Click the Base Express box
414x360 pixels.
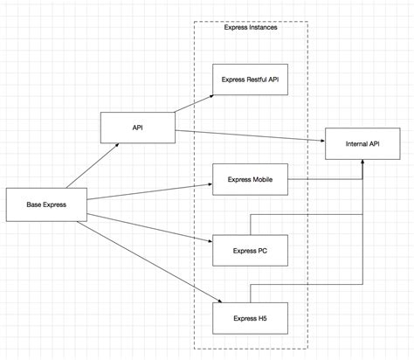pos(45,204)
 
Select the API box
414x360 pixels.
pos(137,127)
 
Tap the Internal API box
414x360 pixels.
pos(361,142)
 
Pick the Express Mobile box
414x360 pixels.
pos(250,179)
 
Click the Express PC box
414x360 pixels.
pos(250,251)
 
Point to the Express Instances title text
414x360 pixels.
pos(250,29)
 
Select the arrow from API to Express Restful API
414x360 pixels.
pos(194,101)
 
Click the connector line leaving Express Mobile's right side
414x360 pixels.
pos(323,179)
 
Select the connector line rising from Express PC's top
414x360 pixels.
pos(251,223)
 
